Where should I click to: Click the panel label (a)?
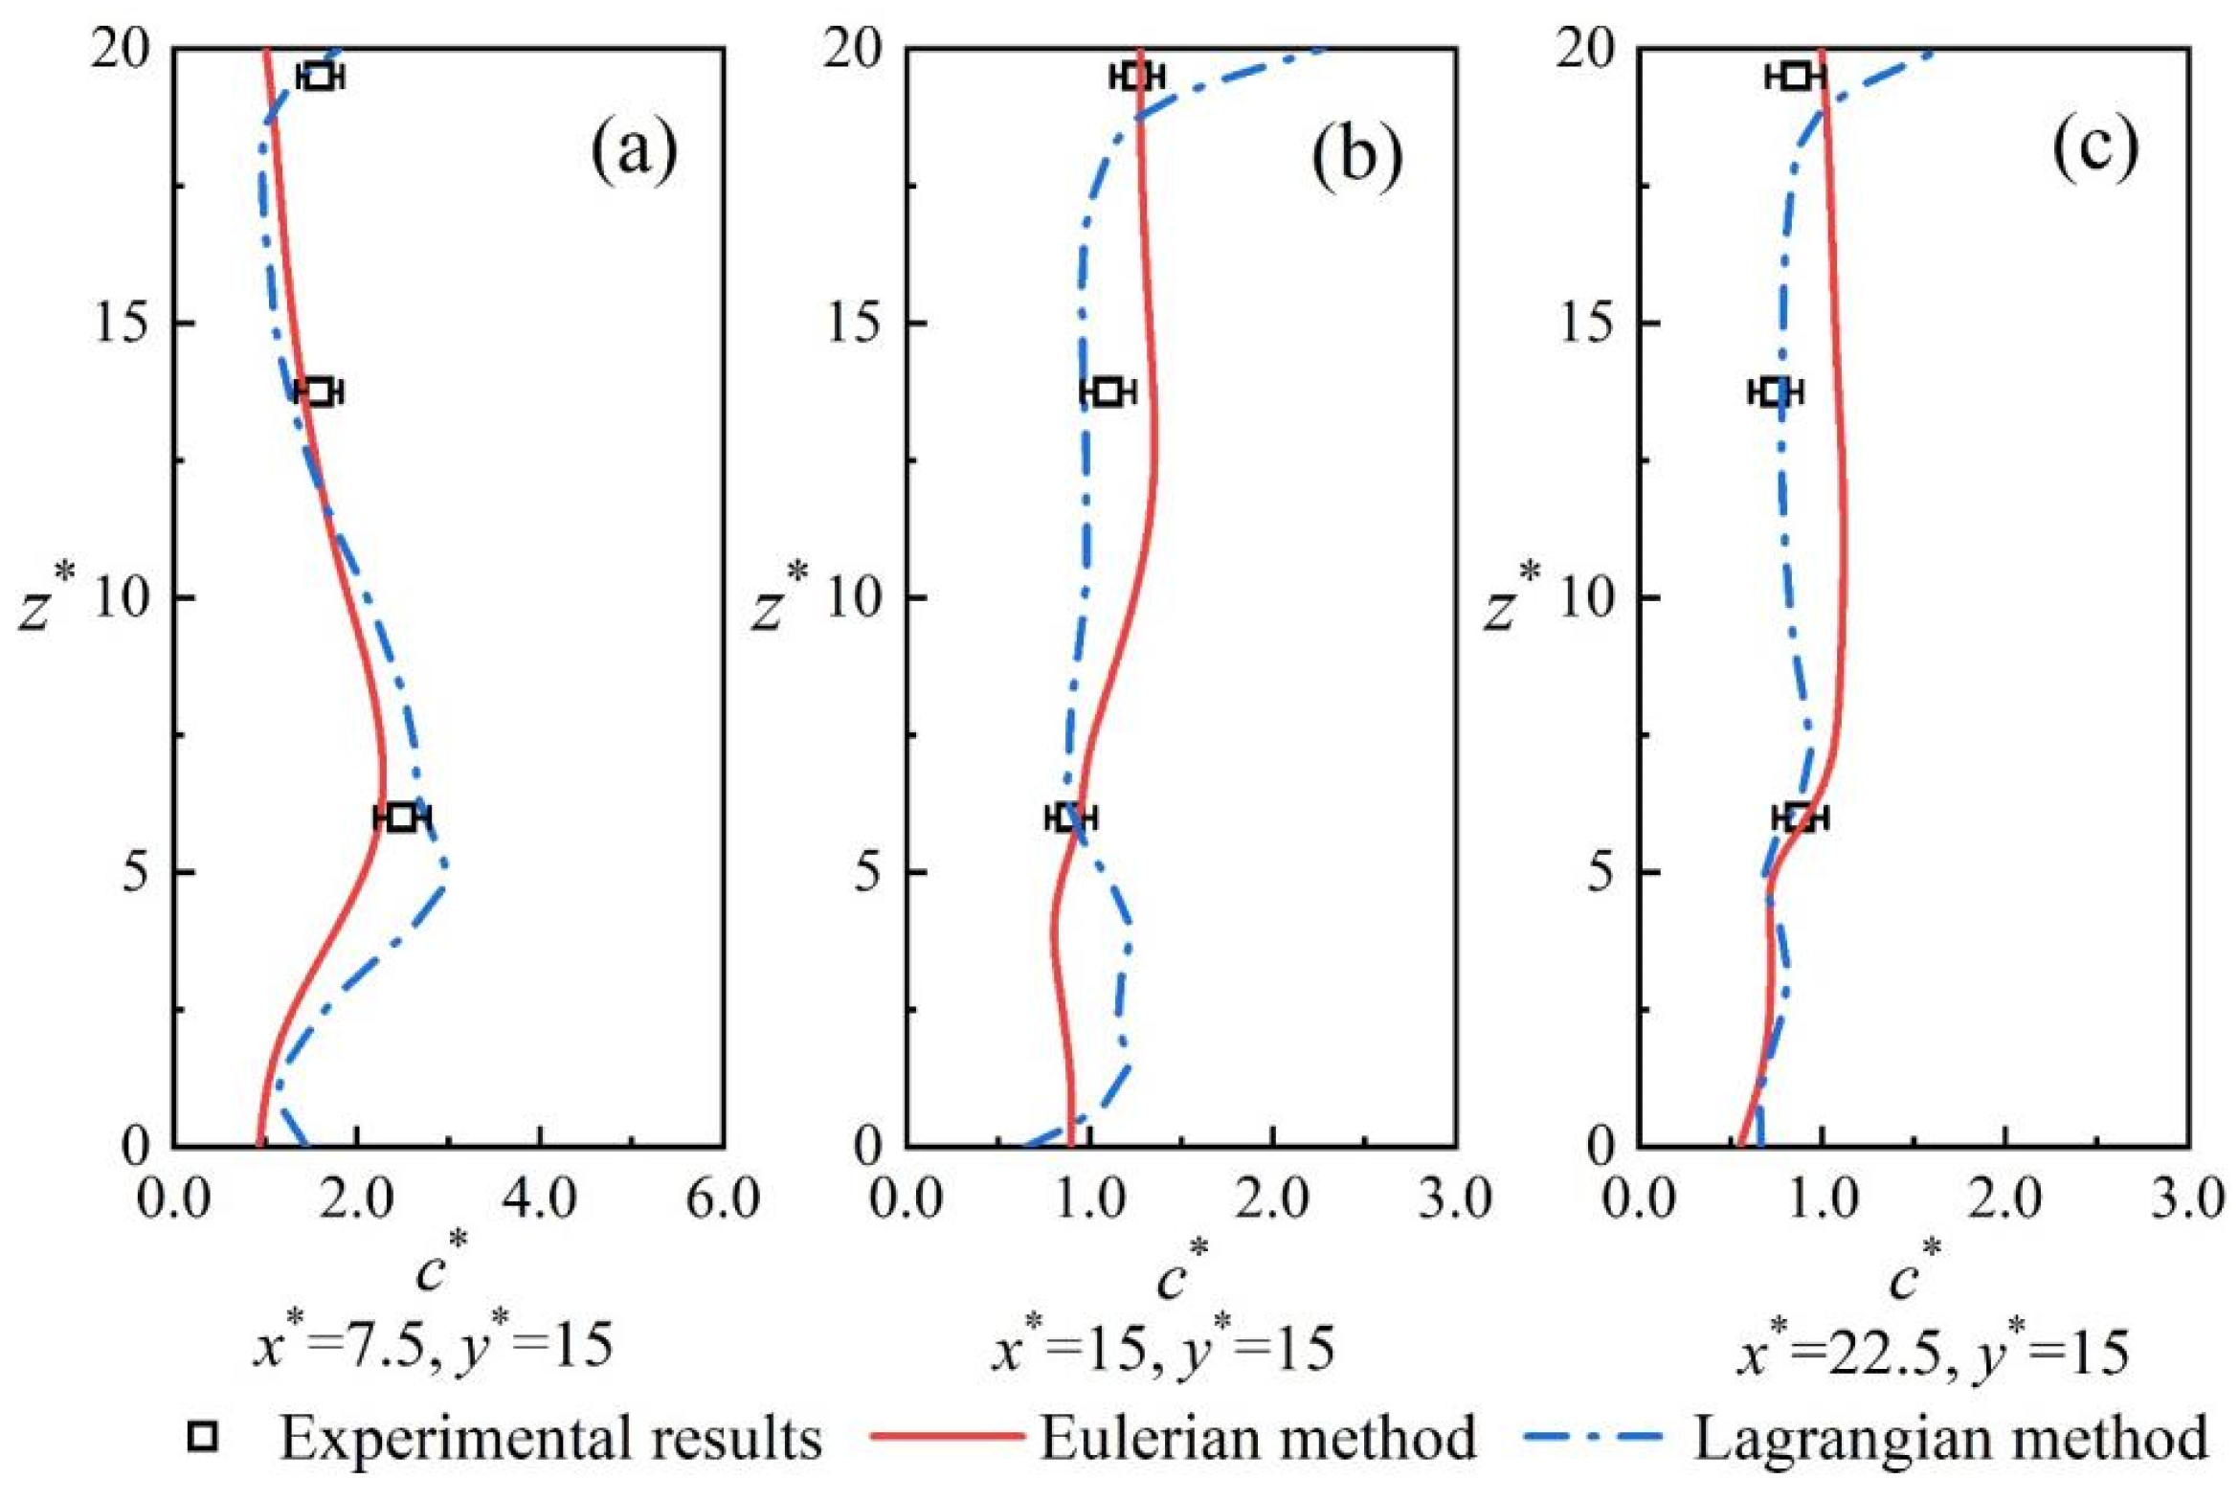coord(635,150)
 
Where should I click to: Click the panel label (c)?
coord(2093,150)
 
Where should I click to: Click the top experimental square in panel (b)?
coord(1136,76)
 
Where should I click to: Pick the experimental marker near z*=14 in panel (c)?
coord(1774,392)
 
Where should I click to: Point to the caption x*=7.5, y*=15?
coord(433,1347)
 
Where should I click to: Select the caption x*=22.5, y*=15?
coord(1934,1352)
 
